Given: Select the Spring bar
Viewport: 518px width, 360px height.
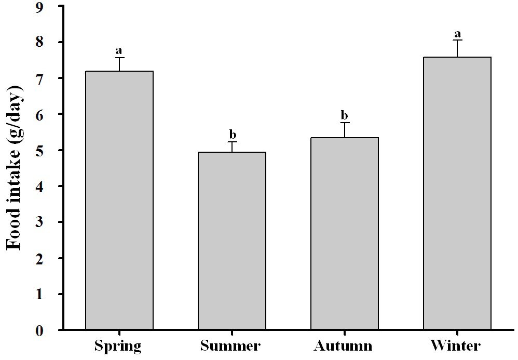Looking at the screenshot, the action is pyautogui.click(x=119, y=200).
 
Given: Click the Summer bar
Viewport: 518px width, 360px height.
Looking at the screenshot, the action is pyautogui.click(x=232, y=241).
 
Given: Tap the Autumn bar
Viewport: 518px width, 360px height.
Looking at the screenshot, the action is pyautogui.click(x=345, y=233).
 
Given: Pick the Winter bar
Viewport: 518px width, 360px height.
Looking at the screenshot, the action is pyautogui.click(x=457, y=193).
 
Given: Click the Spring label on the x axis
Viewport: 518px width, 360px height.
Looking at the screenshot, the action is pyautogui.click(x=118, y=346).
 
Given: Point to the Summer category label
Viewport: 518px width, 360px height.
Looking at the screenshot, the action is pyautogui.click(x=230, y=346).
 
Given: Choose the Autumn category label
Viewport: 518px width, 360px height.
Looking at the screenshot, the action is pyautogui.click(x=343, y=346).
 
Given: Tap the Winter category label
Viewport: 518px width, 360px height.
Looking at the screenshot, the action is pyautogui.click(x=455, y=346).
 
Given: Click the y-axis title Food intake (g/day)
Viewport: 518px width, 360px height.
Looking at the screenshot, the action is pyautogui.click(x=15, y=168).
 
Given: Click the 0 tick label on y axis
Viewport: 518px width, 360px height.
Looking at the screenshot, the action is pyautogui.click(x=39, y=330).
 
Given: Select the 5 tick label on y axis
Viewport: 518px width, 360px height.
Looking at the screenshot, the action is pyautogui.click(x=39, y=151).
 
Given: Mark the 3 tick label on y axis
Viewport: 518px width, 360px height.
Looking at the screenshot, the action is pyautogui.click(x=39, y=222).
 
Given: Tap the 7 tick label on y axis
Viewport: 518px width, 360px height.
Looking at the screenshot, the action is pyautogui.click(x=39, y=78).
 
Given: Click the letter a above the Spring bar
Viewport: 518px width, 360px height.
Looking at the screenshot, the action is pyautogui.click(x=118, y=50).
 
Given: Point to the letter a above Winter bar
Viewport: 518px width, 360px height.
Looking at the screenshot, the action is pyautogui.click(x=458, y=34).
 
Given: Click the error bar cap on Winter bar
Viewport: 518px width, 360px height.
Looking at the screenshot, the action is pyautogui.click(x=457, y=40).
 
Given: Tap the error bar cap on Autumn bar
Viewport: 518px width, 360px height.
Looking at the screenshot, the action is pyautogui.click(x=345, y=123).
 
